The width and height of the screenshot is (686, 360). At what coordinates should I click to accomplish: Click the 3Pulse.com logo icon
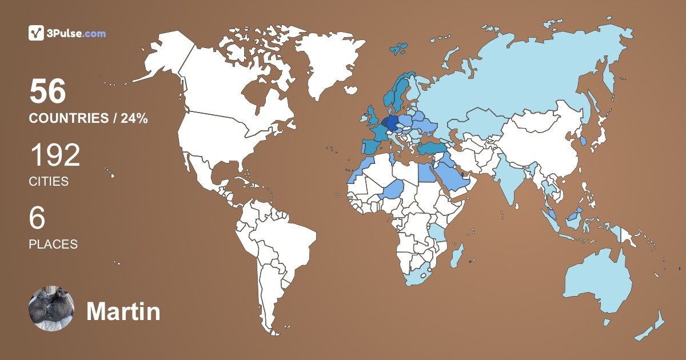(36, 33)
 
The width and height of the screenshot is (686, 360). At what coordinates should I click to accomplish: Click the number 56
(48, 91)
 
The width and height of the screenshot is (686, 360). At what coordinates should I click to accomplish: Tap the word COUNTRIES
(69, 119)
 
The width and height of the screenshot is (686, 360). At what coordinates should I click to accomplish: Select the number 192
(55, 155)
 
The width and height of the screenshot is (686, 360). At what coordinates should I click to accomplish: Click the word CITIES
(49, 182)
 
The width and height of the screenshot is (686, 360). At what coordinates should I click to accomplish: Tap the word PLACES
(53, 244)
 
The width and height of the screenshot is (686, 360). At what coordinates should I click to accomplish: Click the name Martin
(123, 312)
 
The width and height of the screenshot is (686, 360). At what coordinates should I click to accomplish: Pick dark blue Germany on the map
(391, 122)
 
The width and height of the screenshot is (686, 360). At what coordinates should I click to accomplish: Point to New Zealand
(652, 329)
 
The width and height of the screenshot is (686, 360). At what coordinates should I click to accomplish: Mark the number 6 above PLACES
(37, 218)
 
